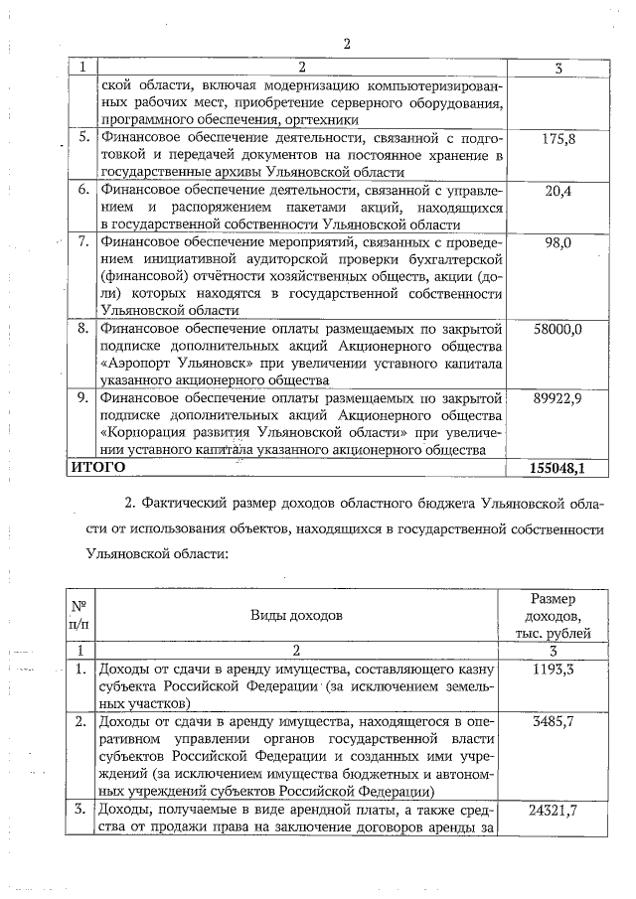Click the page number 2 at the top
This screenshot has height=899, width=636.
(347, 44)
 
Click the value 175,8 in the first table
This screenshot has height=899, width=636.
(558, 139)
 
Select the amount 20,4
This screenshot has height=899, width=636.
(558, 192)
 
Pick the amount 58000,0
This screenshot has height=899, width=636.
(558, 329)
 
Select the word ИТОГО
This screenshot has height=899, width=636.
(96, 465)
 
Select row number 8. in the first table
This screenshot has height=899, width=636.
(84, 329)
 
